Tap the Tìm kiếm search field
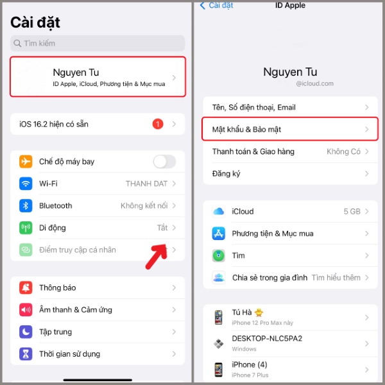[98, 43]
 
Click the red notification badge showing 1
[158, 124]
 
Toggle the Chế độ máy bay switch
[164, 162]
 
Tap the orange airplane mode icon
[26, 162]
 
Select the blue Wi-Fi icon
[26, 184]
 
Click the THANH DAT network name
[146, 184]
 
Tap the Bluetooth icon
[26, 206]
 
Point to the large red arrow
[157, 257]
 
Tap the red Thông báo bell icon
[26, 287]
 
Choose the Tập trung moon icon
[26, 332]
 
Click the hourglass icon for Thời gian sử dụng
[26, 354]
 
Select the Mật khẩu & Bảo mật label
[246, 130]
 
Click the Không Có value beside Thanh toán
[343, 151]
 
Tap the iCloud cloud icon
[219, 211]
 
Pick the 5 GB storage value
[352, 211]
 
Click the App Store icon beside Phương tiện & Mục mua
[219, 234]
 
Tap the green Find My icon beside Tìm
[219, 255]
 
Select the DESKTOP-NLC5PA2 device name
[267, 339]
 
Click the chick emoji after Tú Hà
[259, 312]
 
